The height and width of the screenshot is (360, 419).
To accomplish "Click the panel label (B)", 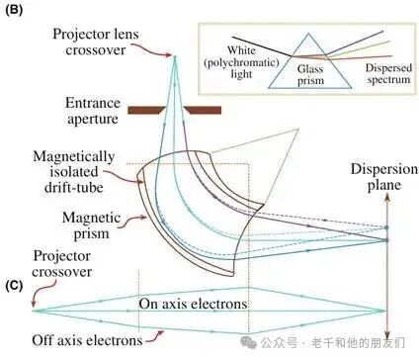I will (x=16, y=16).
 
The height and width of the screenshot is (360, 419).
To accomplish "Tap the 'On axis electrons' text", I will (x=193, y=303).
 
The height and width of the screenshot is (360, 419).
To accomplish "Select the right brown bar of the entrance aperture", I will (x=206, y=105).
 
